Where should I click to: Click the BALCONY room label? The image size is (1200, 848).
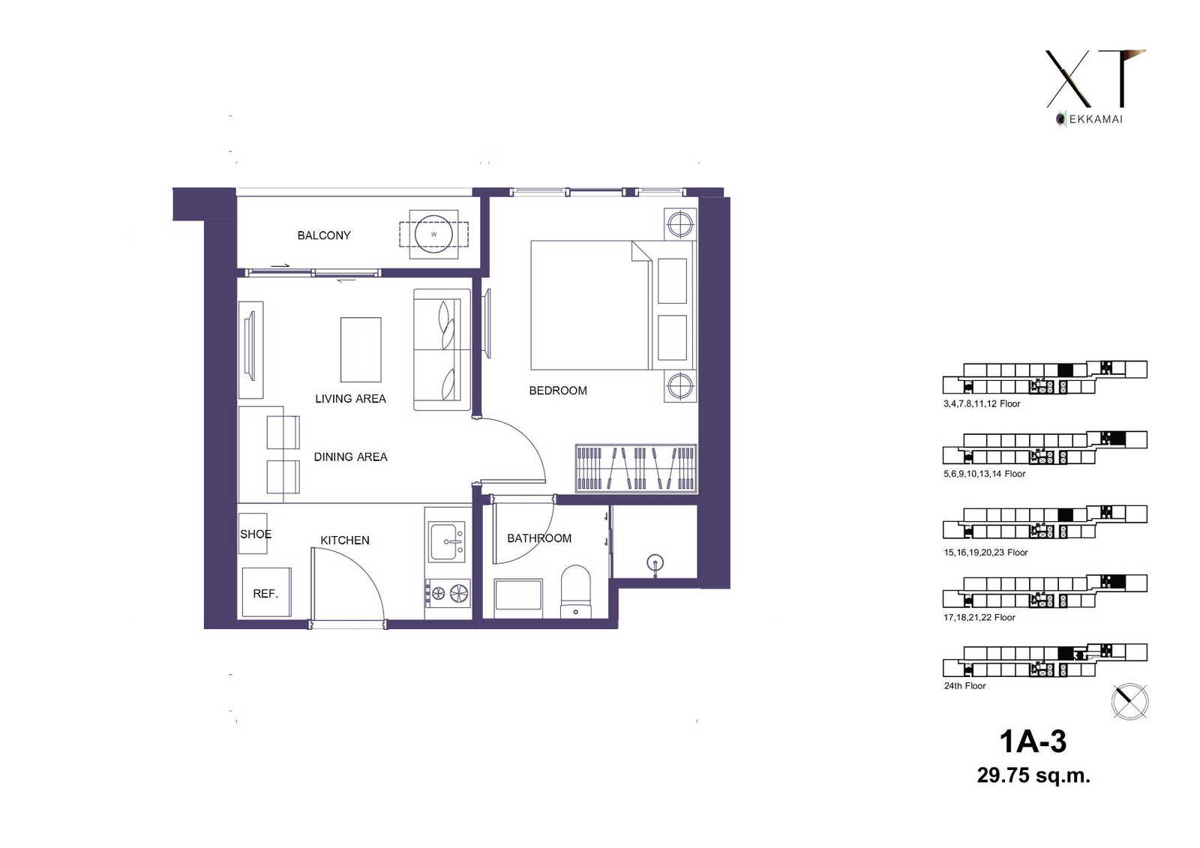tap(323, 235)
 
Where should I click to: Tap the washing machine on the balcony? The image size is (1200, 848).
tap(433, 234)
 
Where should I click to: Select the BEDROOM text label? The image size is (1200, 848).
tap(558, 391)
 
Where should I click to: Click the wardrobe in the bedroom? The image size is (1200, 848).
tap(636, 468)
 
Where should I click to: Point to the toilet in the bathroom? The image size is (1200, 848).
tap(575, 592)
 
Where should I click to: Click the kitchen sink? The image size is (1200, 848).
tap(447, 541)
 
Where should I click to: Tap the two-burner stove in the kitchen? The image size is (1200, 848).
tap(448, 592)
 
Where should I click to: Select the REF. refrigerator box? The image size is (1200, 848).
tap(266, 592)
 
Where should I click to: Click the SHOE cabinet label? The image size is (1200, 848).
tap(256, 534)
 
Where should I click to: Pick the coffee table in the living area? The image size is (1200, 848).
tap(361, 349)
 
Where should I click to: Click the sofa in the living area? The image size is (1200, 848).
tap(442, 350)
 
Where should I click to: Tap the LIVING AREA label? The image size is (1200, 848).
tap(350, 399)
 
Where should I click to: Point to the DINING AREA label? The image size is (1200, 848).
tap(350, 457)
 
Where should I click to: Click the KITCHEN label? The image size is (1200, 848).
tap(344, 540)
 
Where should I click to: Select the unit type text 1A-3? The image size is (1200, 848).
tap(1033, 742)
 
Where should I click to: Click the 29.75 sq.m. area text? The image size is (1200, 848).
tap(1033, 775)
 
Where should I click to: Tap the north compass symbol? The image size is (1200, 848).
tap(1129, 701)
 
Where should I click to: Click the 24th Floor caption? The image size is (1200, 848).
tap(964, 686)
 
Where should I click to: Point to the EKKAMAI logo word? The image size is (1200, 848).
tap(1096, 119)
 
